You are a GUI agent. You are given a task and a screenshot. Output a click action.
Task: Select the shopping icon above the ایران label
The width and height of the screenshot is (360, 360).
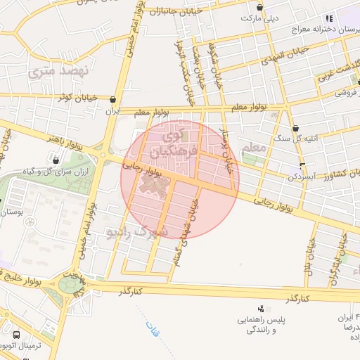114,100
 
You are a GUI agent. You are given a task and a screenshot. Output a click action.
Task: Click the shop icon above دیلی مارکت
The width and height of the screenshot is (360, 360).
260,8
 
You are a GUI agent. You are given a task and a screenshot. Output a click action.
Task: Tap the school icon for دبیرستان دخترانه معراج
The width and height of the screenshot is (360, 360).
328,18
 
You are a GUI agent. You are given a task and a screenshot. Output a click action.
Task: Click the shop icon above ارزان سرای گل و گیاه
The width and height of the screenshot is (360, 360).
56,161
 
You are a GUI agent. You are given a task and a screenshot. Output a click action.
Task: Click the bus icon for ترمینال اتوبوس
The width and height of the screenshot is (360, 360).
15,335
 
